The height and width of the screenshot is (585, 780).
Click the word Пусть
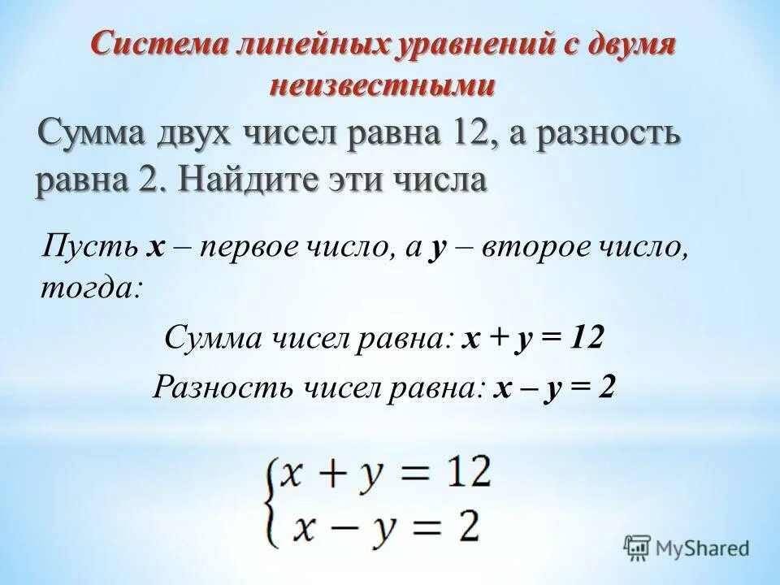click(x=90, y=244)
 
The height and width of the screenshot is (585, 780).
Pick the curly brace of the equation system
click(x=270, y=499)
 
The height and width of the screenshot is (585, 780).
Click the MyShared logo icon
click(x=636, y=548)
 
